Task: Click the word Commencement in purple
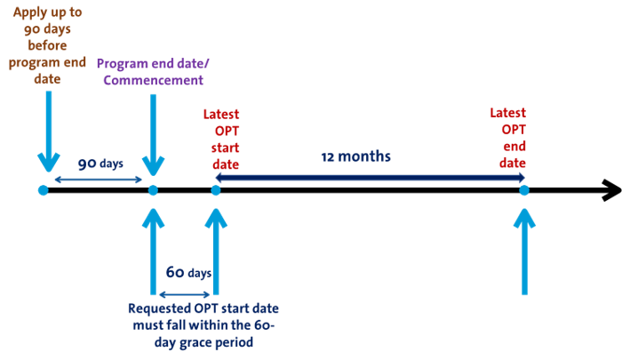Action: (153, 81)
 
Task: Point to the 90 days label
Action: (100, 164)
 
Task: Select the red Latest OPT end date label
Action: (507, 138)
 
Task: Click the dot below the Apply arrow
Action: (43, 191)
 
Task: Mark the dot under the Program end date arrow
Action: (153, 191)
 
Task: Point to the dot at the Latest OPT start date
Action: (215, 190)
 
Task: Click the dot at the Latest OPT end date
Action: (524, 190)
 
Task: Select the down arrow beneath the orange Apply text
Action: (48, 129)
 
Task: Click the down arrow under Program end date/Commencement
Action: (153, 133)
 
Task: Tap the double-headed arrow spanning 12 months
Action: (370, 178)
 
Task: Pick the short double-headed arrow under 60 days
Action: (185, 294)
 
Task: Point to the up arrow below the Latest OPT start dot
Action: (215, 253)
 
